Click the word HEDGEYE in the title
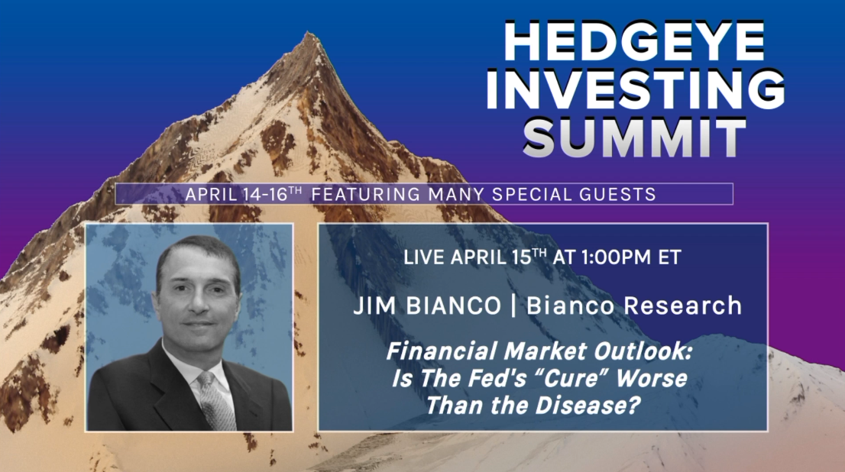tap(634, 41)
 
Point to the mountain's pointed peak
tap(309, 34)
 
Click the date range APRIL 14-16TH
tap(244, 194)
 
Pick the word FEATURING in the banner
tap(366, 194)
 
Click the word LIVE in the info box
tap(425, 257)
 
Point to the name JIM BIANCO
tap(427, 306)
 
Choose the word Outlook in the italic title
tap(643, 352)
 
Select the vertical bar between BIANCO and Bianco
tap(513, 306)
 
